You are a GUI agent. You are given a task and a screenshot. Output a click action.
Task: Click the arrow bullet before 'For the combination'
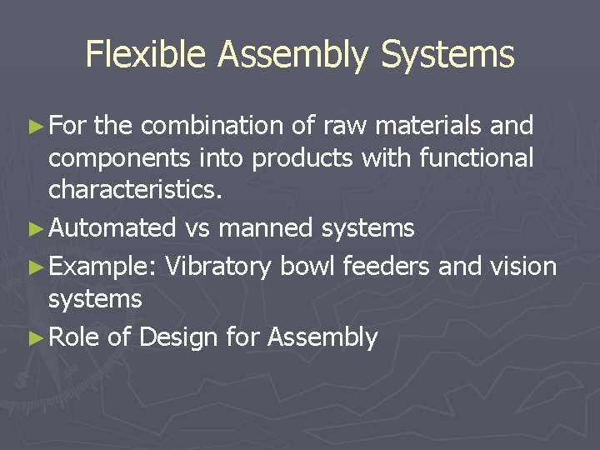point(34,127)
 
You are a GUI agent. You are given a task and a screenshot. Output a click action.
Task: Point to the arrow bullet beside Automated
point(34,228)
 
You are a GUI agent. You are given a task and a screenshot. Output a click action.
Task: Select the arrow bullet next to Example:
point(34,267)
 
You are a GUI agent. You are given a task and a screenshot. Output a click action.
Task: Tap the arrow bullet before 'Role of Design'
point(34,338)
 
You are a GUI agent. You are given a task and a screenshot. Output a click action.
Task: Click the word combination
point(212,126)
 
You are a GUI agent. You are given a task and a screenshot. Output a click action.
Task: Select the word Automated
point(112,227)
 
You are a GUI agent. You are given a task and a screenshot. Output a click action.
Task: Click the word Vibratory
point(218,267)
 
